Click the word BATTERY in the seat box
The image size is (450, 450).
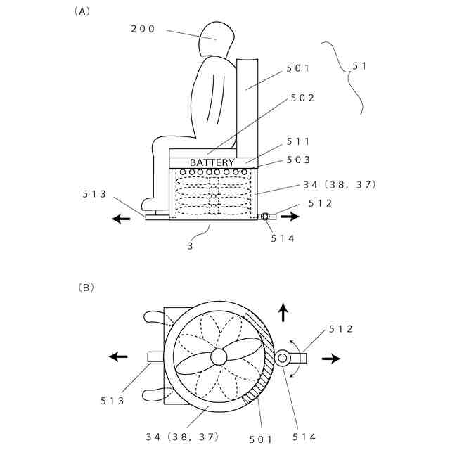[212, 162]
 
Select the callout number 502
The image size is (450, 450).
[302, 98]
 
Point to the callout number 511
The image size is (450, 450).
[299, 141]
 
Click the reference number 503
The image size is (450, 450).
[299, 160]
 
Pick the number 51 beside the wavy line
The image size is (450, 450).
[360, 65]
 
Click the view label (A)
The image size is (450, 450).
[82, 11]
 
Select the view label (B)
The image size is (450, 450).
[84, 288]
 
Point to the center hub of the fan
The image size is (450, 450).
[219, 357]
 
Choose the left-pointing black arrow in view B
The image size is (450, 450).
[119, 356]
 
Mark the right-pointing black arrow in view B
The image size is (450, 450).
[331, 358]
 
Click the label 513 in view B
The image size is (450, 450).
[112, 401]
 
